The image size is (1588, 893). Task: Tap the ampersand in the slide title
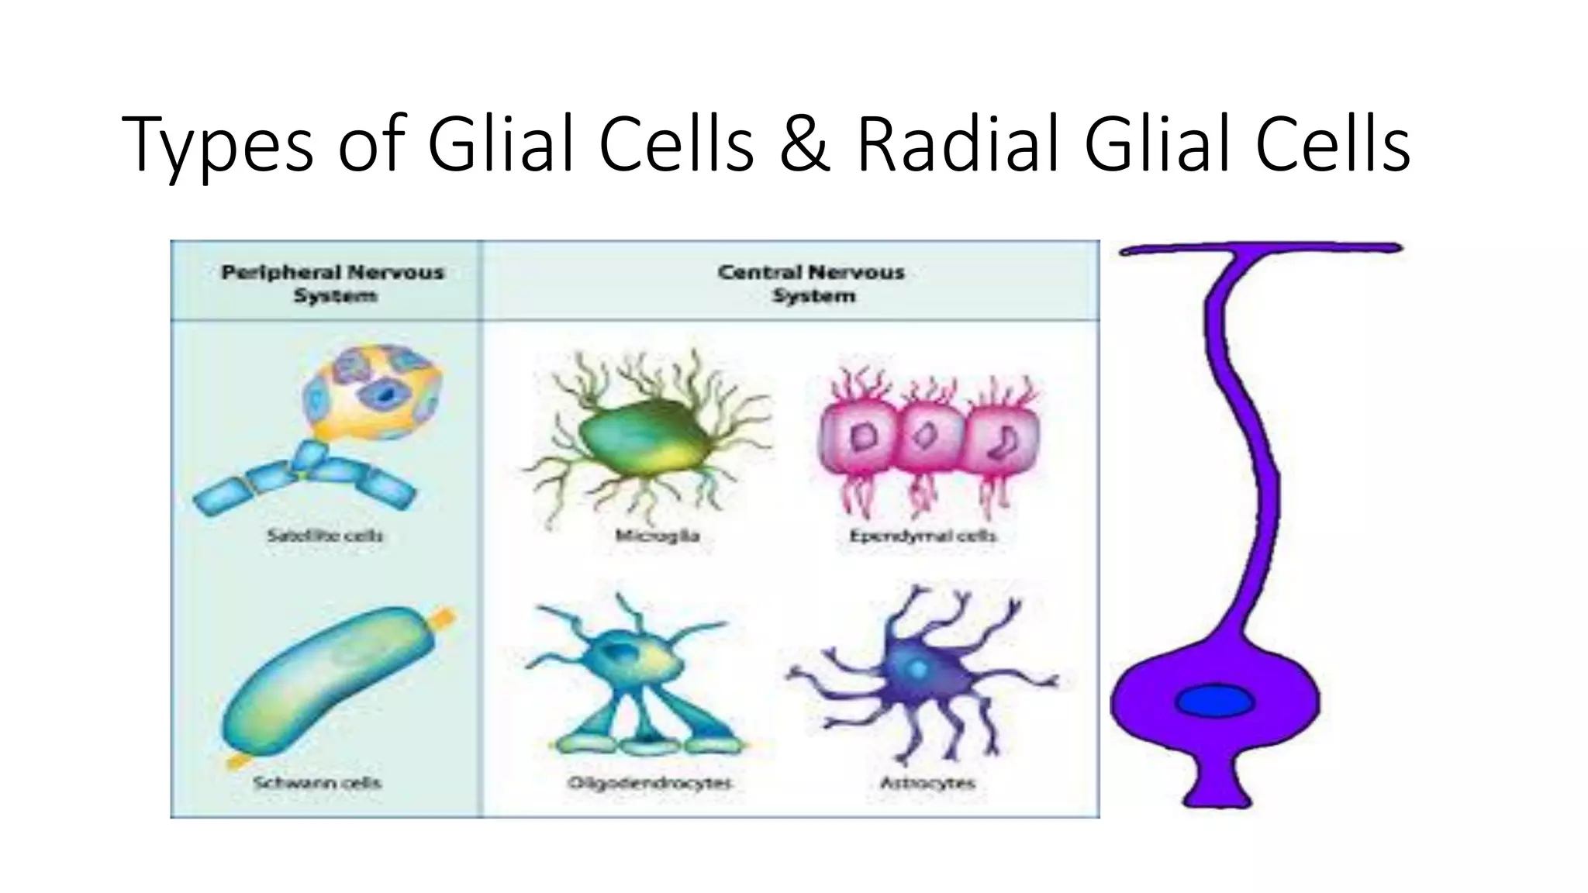point(804,144)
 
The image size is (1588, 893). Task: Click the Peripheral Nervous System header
point(333,284)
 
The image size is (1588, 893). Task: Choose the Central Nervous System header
point(811,284)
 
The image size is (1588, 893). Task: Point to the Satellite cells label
point(325,536)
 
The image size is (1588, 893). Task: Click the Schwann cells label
point(317,783)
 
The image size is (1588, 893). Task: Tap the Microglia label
point(658,536)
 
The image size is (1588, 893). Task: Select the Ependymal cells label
point(923,536)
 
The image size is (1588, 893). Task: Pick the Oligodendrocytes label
point(650,783)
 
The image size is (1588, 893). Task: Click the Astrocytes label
point(927,783)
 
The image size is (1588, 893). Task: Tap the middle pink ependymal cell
point(927,438)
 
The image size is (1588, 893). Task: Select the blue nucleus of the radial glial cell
point(1214,702)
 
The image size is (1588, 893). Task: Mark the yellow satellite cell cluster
point(372,391)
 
